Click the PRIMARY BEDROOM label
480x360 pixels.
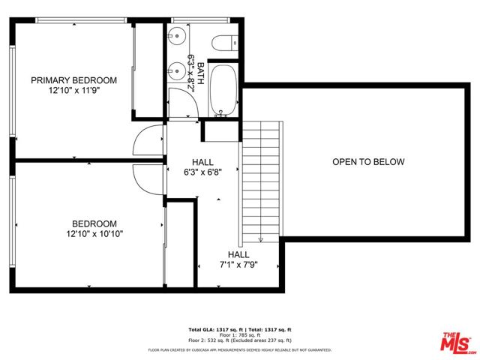coord(73,80)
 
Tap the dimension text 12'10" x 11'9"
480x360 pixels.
coord(73,91)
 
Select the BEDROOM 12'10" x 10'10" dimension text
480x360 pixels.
coord(94,234)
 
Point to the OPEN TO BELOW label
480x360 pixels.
coord(368,162)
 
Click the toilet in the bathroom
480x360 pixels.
coord(224,44)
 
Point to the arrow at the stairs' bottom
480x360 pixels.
coord(260,238)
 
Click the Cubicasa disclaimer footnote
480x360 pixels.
coord(239,349)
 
